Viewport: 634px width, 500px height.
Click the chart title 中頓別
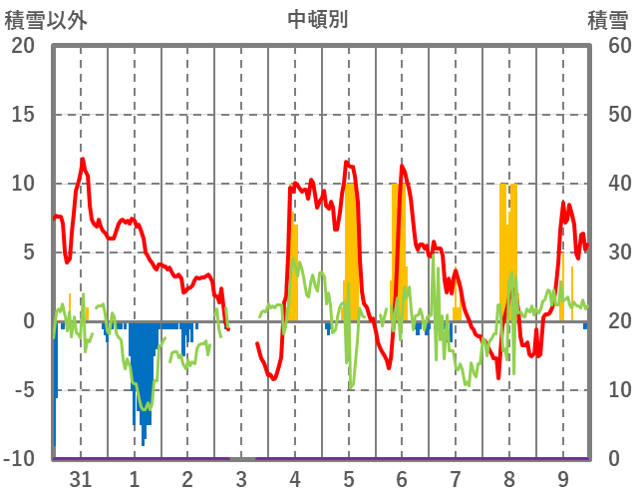click(x=318, y=19)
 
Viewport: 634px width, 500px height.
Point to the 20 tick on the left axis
click(x=23, y=46)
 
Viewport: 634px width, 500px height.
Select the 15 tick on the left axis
click(x=23, y=115)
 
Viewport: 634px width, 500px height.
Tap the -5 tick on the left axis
click(x=23, y=390)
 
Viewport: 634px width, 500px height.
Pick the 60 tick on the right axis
click(x=609, y=46)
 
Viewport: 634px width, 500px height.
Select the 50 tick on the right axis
click(x=609, y=115)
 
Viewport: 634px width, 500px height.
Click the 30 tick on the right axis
click(x=609, y=252)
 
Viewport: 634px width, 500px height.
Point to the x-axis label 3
click(x=241, y=479)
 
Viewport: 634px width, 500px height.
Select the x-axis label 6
click(x=402, y=479)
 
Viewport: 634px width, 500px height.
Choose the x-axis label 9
click(x=563, y=479)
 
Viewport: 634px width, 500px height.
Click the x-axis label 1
click(x=134, y=479)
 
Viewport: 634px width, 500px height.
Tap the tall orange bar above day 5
click(x=350, y=250)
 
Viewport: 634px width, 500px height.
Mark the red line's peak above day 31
click(x=83, y=159)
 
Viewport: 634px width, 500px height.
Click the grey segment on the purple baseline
click(x=242, y=458)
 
